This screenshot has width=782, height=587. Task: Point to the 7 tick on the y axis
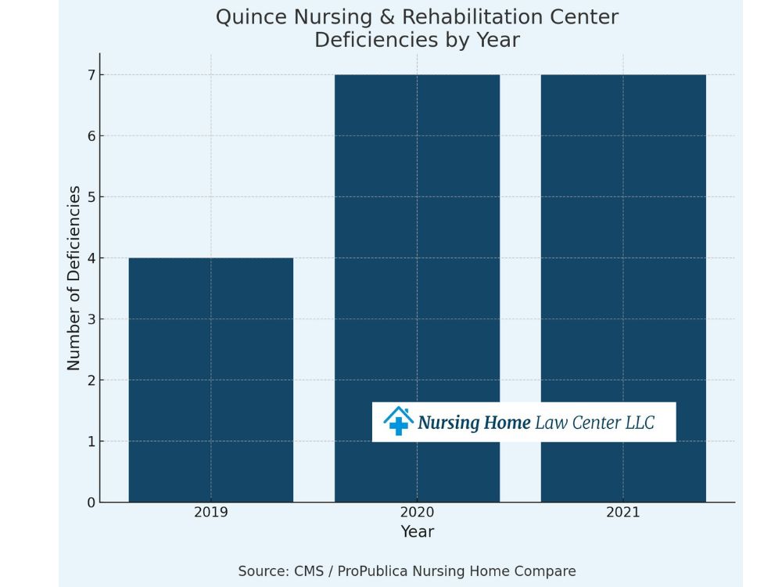point(91,75)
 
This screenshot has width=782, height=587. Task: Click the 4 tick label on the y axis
point(91,258)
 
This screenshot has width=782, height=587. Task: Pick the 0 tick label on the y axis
point(91,502)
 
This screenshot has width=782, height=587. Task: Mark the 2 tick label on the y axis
point(91,380)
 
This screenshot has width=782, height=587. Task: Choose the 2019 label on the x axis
point(211,513)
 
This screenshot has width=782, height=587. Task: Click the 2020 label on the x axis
point(417,513)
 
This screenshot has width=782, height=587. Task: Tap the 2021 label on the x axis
point(623,513)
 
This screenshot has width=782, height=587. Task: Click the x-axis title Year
point(417,532)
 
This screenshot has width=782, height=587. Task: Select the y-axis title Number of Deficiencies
point(74,278)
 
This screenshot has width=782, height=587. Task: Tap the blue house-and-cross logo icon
point(398,421)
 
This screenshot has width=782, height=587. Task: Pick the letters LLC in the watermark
point(639,423)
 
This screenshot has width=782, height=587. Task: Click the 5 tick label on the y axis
point(91,197)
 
